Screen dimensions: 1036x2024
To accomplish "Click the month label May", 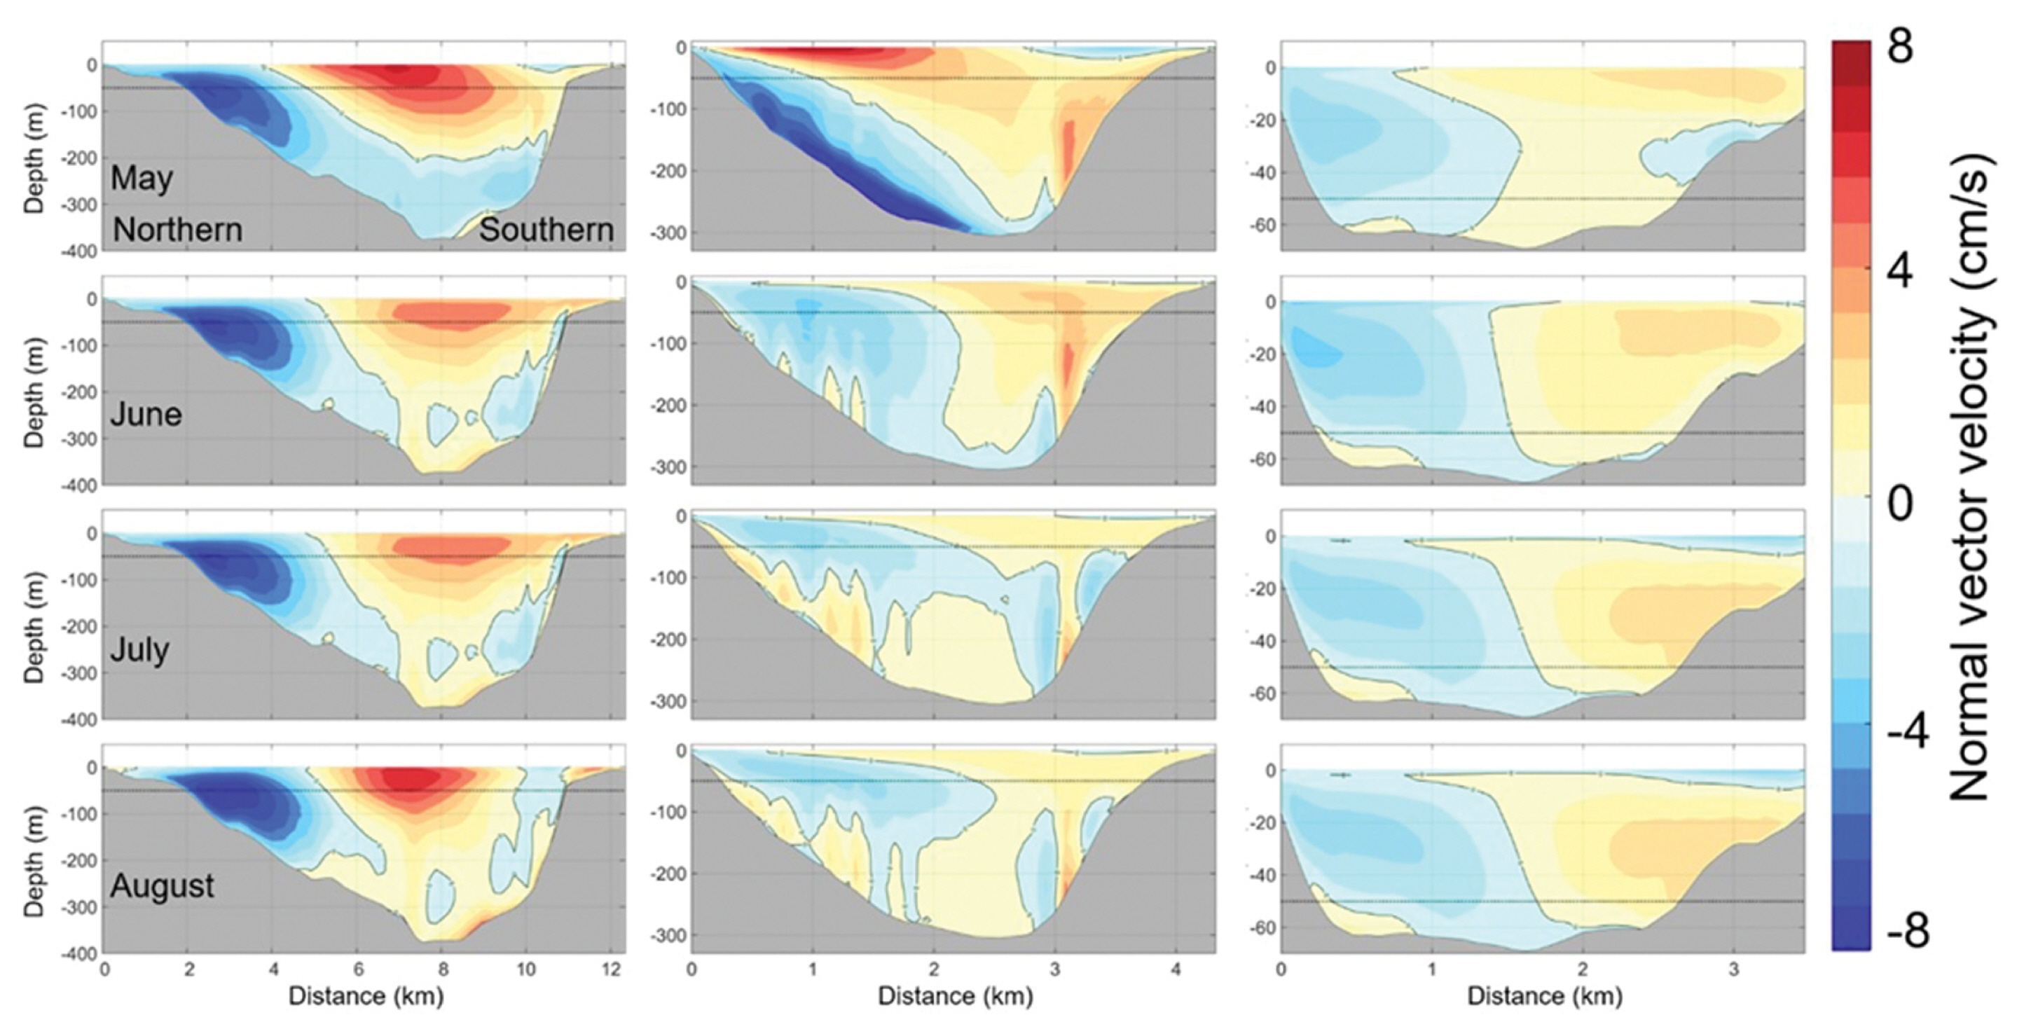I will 142,179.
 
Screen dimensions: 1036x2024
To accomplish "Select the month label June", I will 146,414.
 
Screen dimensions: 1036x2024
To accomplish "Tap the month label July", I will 140,649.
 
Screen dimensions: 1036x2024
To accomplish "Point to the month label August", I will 162,886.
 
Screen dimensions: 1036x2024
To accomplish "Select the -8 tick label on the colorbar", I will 1907,932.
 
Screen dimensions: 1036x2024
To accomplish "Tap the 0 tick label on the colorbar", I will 1901,504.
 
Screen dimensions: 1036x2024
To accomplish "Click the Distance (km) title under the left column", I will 366,996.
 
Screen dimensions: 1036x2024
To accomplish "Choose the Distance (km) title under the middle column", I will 955,996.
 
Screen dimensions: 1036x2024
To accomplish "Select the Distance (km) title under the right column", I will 1545,996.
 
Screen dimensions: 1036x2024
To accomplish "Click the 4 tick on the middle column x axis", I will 1176,970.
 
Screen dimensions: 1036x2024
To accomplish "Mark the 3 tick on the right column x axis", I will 1733,970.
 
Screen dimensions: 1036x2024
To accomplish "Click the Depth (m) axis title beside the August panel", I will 34,861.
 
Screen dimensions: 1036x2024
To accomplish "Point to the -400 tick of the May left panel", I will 83,251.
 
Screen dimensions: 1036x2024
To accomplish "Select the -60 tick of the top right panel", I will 1262,226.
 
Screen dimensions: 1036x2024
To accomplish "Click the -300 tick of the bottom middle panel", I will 670,935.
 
